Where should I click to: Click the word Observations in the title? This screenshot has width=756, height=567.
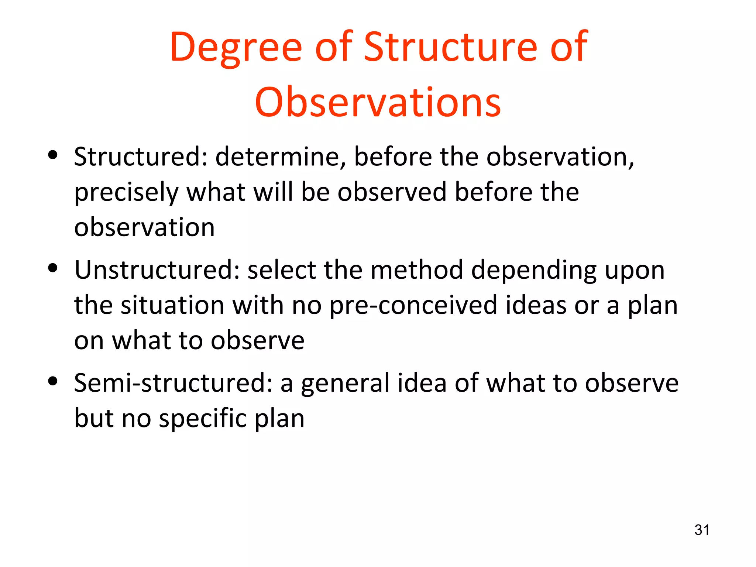click(378, 102)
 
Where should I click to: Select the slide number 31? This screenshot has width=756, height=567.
click(702, 530)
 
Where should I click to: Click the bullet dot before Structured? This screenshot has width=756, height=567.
click(53, 155)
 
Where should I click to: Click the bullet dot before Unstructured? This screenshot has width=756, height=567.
click(53, 268)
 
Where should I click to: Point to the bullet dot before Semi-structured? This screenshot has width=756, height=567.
click(53, 381)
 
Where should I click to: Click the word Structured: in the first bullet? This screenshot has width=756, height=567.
click(141, 157)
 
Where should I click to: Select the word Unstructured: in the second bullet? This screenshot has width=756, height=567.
click(157, 270)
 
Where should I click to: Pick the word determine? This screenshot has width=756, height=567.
click(281, 157)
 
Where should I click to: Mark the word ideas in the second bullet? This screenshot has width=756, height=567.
click(536, 306)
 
